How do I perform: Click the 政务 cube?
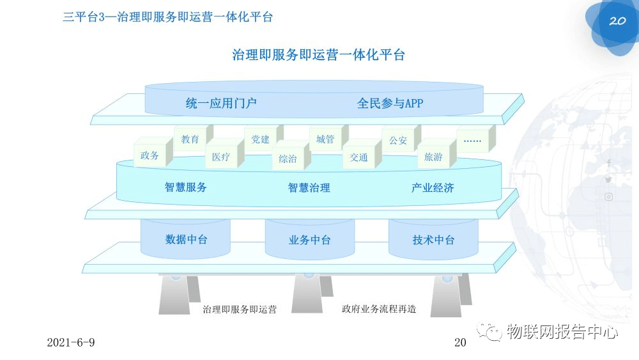(150, 155)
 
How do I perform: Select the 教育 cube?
(190, 139)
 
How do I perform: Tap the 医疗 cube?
(221, 157)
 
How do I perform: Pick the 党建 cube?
(261, 139)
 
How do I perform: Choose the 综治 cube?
(288, 159)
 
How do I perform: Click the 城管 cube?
(325, 139)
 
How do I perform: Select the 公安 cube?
(398, 141)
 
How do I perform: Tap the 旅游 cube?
(434, 157)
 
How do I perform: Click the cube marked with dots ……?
(472, 140)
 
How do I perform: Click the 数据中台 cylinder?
(186, 240)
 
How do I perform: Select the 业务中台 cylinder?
(310, 240)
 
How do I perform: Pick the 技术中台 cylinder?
(433, 240)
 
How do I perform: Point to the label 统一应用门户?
(221, 103)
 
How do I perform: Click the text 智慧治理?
(309, 188)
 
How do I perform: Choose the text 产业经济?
(433, 188)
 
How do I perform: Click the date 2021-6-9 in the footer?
(71, 343)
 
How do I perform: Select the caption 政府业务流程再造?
(379, 309)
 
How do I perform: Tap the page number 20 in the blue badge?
(617, 20)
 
